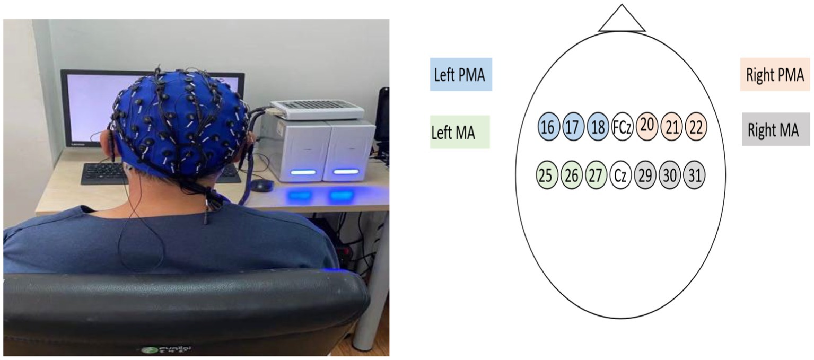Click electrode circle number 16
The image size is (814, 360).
click(x=548, y=127)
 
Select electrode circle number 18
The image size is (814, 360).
click(x=598, y=127)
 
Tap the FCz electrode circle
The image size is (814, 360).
click(x=622, y=127)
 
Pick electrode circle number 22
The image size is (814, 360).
click(x=696, y=127)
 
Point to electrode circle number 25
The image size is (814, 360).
click(x=546, y=175)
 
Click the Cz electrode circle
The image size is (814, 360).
click(x=621, y=175)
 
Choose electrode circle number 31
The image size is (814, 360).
click(x=694, y=175)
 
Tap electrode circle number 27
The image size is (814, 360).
click(x=596, y=175)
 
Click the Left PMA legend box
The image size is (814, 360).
click(x=460, y=75)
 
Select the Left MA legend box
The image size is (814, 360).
click(x=460, y=132)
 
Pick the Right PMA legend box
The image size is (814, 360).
click(x=775, y=75)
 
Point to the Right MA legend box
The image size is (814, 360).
click(x=775, y=130)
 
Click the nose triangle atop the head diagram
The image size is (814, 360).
click(x=622, y=21)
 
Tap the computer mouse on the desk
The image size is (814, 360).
click(x=262, y=186)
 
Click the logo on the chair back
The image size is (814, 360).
click(x=168, y=349)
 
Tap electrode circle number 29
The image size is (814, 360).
click(x=645, y=175)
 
